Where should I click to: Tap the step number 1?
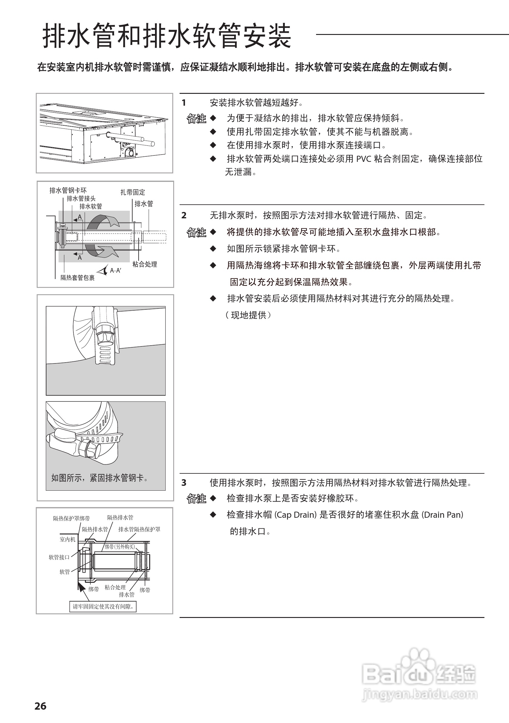tap(184, 103)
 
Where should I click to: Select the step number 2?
tap(184, 215)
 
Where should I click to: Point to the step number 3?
tap(184, 483)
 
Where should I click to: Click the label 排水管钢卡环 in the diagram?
tap(68, 190)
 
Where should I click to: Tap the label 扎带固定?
tap(133, 192)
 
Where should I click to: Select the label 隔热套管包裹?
tap(77, 278)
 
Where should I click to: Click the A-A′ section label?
tap(116, 270)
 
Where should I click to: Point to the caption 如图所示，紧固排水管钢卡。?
tap(99, 478)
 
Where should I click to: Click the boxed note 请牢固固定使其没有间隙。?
tap(103, 606)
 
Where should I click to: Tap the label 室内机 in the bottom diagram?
tap(68, 539)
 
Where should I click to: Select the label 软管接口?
tap(59, 557)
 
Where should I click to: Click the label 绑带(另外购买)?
tap(120, 547)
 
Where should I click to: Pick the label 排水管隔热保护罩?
tap(139, 529)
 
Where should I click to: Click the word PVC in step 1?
tap(364, 159)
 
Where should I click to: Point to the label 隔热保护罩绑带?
tap(71, 518)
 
